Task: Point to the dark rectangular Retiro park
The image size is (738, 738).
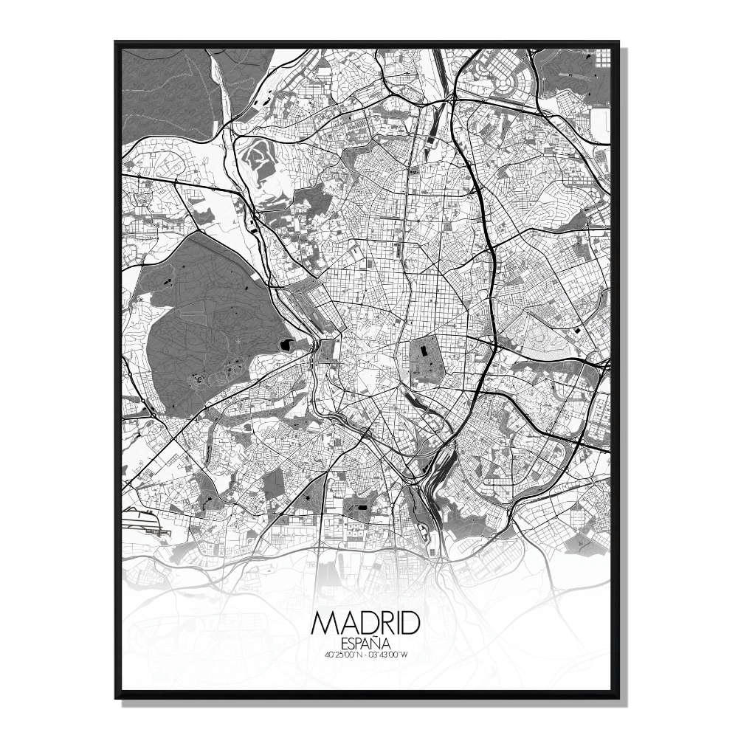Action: pos(423,358)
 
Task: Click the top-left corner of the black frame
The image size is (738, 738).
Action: pos(116,42)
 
